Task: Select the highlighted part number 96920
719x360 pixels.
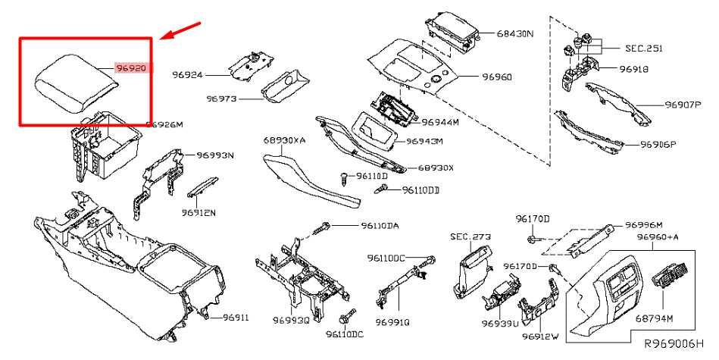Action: coord(130,68)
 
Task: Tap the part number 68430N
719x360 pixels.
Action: coord(516,34)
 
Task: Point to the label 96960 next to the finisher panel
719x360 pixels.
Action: coord(475,77)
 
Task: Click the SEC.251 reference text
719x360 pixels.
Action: coord(643,48)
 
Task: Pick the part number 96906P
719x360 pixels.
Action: coord(658,143)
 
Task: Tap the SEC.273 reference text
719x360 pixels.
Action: coord(470,236)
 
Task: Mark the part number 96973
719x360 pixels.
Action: coord(223,99)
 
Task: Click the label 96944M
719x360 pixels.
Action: coord(440,121)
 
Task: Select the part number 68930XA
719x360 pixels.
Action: coord(285,141)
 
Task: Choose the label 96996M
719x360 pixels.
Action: coord(644,225)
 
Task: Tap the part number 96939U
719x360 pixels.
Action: coord(499,323)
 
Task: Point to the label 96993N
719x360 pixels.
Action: coord(215,155)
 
